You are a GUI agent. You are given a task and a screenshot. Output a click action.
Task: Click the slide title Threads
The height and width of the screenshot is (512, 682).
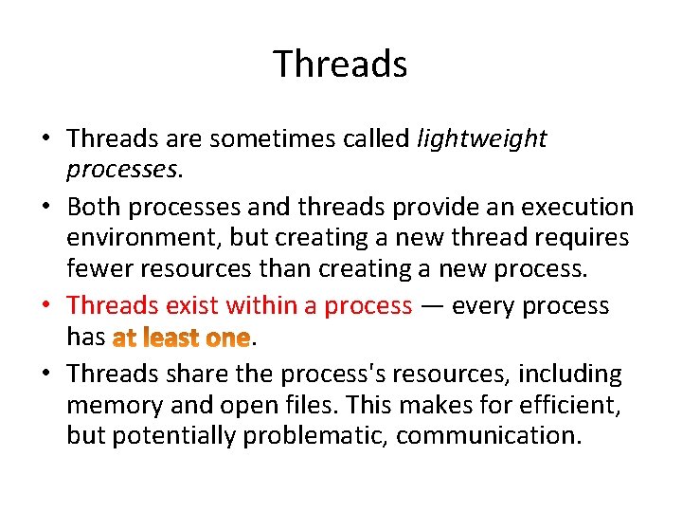(x=340, y=64)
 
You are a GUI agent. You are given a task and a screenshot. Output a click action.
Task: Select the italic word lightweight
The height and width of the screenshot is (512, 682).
(x=482, y=138)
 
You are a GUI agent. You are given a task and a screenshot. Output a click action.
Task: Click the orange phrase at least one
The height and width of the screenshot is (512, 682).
(x=181, y=338)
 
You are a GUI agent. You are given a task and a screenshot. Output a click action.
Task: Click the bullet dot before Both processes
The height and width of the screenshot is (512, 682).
(x=47, y=208)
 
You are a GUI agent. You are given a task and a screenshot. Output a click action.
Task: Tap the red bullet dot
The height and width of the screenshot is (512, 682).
(x=47, y=306)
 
